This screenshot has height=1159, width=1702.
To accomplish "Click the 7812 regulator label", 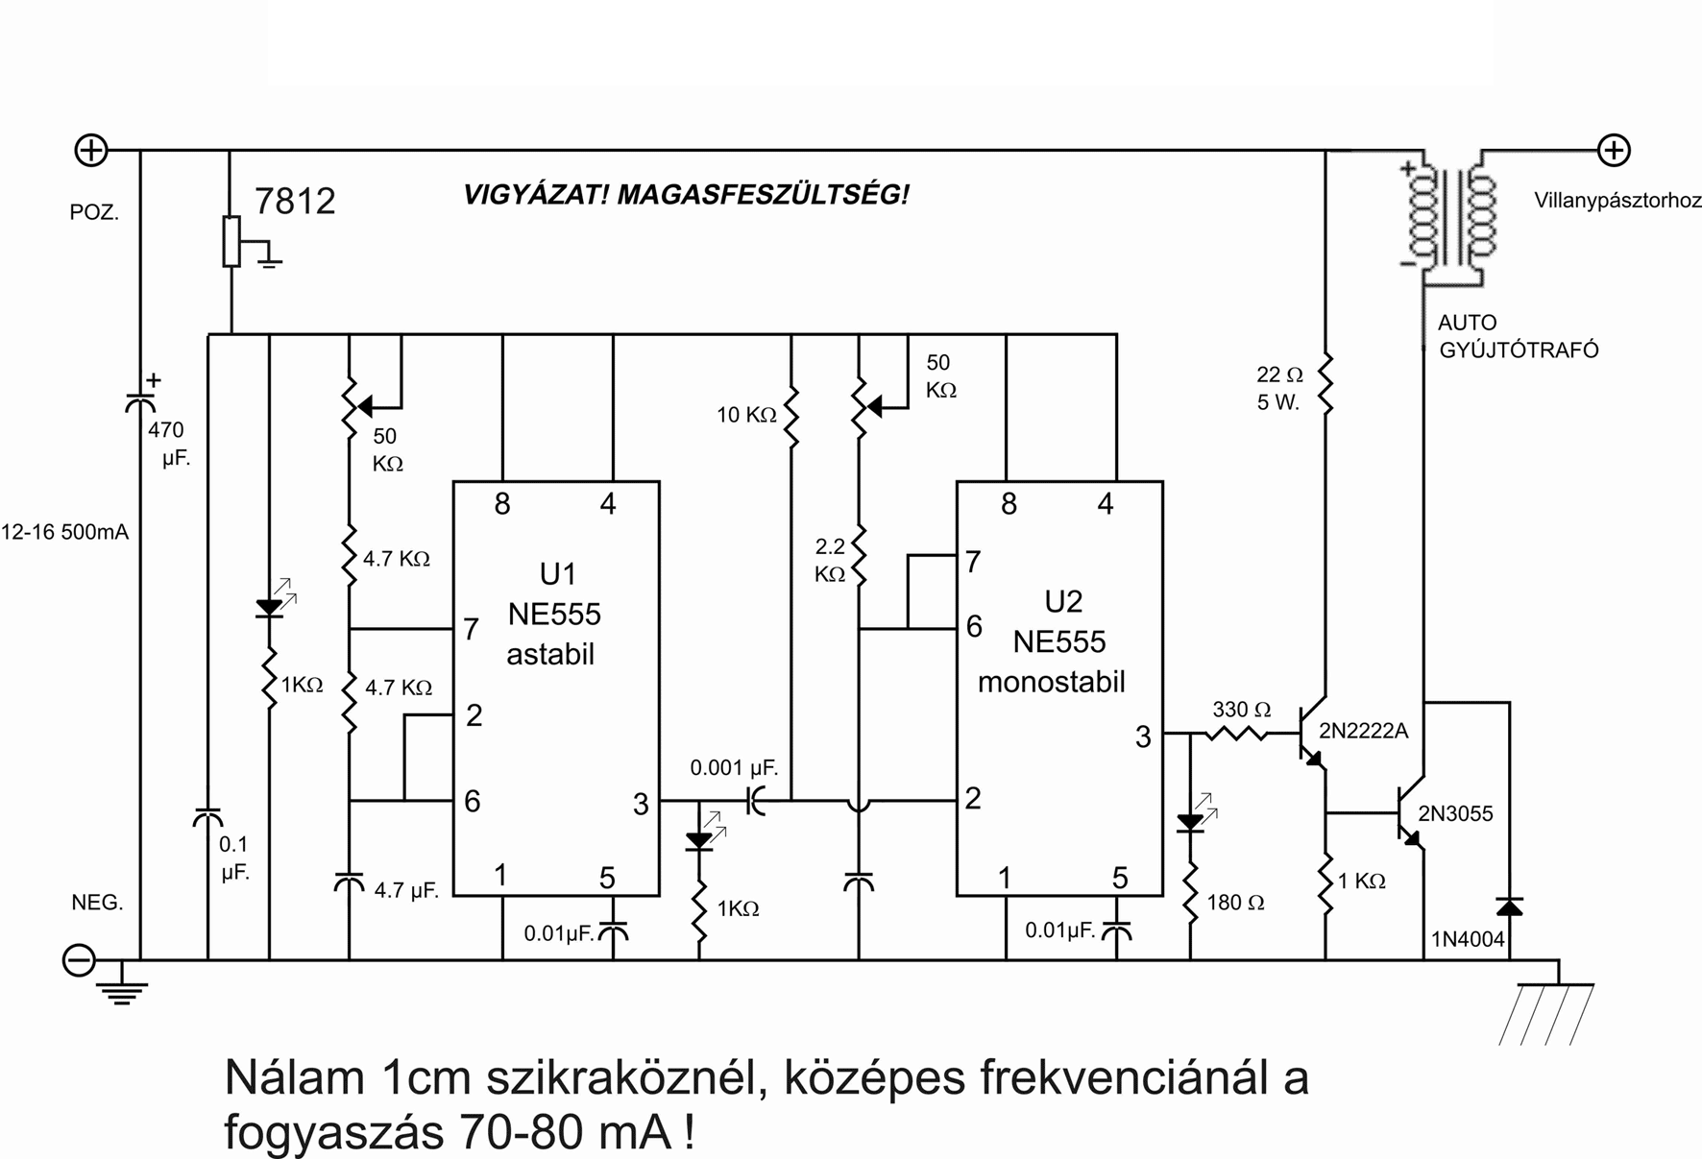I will (295, 201).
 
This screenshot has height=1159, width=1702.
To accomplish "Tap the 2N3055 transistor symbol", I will (1410, 814).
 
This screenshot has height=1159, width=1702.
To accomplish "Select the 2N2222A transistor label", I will (1363, 731).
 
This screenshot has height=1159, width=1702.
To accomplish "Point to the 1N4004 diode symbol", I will (1509, 906).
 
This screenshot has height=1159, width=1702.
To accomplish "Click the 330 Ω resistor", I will (1237, 734).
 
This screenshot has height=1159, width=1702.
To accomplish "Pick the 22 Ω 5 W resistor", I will (1325, 384).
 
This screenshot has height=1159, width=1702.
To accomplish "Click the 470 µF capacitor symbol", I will (140, 400).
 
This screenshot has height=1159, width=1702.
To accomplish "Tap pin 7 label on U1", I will (471, 630).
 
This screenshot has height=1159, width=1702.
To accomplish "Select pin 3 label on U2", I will (1142, 737).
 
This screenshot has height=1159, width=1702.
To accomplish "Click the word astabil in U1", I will (550, 655).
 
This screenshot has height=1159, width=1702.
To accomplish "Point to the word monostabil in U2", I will (1051, 682).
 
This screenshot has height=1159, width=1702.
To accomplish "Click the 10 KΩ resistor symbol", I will (790, 419).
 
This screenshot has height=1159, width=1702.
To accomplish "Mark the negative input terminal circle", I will (79, 960).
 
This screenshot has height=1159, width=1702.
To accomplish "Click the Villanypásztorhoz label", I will (1617, 201).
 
